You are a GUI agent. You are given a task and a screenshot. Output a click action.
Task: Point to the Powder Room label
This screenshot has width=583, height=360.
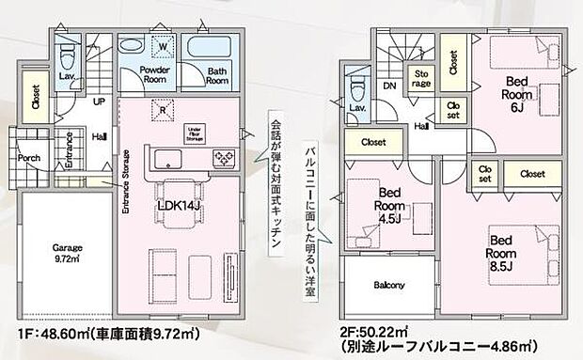point(154,75)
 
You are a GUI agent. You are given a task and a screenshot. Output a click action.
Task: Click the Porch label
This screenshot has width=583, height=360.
point(29,158)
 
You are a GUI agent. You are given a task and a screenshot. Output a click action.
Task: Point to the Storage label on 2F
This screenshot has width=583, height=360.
point(420,78)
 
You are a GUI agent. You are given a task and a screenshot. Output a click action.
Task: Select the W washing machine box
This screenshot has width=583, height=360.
point(163,44)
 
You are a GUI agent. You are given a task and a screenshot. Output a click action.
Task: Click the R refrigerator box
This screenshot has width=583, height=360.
point(165,108)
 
